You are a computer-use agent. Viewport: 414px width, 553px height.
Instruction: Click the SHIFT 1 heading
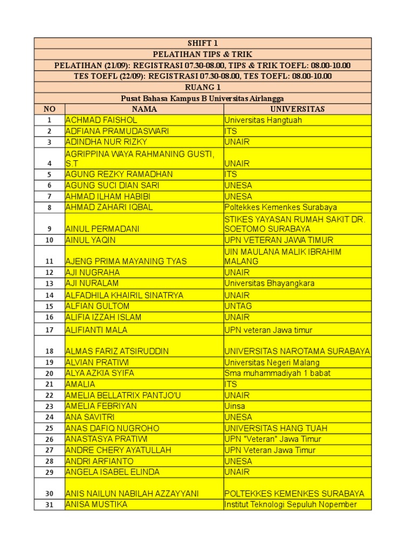click(x=203, y=43)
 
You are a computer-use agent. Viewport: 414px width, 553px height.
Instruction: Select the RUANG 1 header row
click(x=203, y=87)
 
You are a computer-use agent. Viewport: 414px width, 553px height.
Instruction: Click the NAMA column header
click(x=144, y=109)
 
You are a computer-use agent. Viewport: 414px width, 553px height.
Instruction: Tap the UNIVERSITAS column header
click(x=297, y=109)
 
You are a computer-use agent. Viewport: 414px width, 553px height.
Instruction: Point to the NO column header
click(x=50, y=109)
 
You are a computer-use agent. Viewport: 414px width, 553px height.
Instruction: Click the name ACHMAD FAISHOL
click(x=101, y=120)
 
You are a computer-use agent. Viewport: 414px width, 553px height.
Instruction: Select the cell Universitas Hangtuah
click(x=263, y=120)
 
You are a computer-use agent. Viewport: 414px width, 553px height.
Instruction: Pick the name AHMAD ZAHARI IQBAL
click(x=109, y=207)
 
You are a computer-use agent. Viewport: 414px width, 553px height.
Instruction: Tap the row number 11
click(x=50, y=261)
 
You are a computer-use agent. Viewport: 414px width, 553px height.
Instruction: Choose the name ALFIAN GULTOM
click(x=97, y=306)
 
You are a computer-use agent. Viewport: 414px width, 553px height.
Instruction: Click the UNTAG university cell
click(x=238, y=306)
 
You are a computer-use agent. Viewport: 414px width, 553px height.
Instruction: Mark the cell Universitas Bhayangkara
click(x=270, y=284)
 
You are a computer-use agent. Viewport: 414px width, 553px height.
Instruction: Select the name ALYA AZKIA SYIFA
click(x=100, y=373)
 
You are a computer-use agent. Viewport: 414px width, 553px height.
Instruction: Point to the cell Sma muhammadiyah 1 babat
click(x=278, y=373)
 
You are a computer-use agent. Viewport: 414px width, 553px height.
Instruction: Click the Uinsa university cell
click(x=235, y=406)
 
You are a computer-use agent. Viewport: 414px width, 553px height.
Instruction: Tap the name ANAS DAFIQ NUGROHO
click(x=112, y=428)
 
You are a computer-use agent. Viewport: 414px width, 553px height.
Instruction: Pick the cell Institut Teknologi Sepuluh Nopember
click(x=291, y=504)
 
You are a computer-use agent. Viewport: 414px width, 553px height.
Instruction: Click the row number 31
click(x=50, y=505)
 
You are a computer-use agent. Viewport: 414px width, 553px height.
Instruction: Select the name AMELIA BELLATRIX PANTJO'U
click(x=123, y=395)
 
